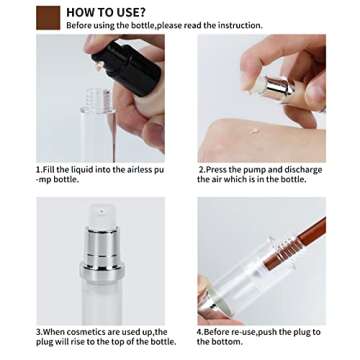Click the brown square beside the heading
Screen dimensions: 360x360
(47, 16)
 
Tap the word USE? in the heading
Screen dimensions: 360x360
(133, 12)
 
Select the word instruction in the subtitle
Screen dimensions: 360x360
(239, 26)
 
